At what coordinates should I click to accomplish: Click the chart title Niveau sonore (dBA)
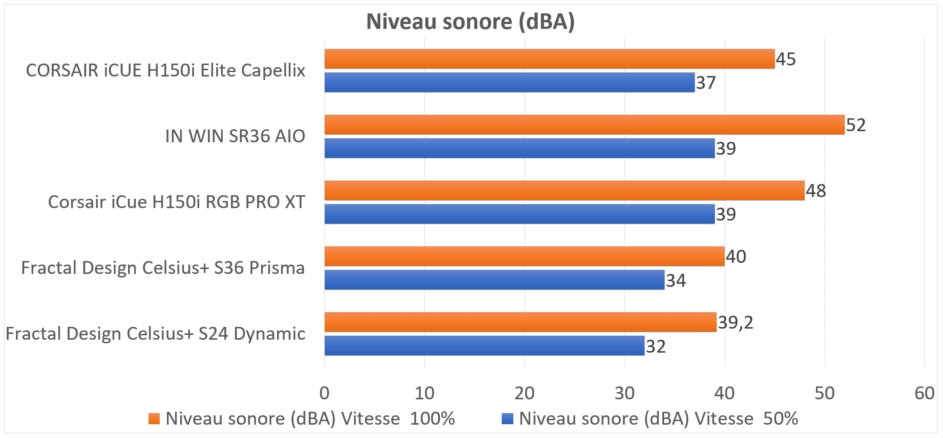(470, 21)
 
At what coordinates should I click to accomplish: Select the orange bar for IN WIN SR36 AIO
(584, 125)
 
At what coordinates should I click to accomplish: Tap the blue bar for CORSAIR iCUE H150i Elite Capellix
(509, 82)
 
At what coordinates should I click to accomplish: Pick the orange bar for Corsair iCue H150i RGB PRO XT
(564, 190)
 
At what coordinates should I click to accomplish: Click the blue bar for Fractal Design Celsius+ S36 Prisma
(494, 280)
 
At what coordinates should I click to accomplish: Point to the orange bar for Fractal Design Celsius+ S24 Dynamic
(520, 322)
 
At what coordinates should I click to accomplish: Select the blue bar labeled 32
(484, 346)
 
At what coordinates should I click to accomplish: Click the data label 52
(856, 125)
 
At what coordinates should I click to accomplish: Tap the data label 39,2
(736, 322)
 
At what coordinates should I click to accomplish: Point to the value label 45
(786, 59)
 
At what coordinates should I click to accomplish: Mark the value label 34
(676, 281)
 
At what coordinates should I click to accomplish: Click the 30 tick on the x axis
(624, 393)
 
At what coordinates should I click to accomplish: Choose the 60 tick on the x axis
(924, 393)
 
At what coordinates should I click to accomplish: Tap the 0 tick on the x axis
(324, 393)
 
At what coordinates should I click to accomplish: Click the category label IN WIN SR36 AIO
(235, 136)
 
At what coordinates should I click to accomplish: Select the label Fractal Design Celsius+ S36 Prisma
(163, 268)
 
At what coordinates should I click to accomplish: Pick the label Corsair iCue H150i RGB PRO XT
(176, 202)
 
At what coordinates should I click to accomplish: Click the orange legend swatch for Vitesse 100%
(154, 418)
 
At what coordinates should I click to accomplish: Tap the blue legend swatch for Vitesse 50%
(507, 418)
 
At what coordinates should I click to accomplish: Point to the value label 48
(816, 191)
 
